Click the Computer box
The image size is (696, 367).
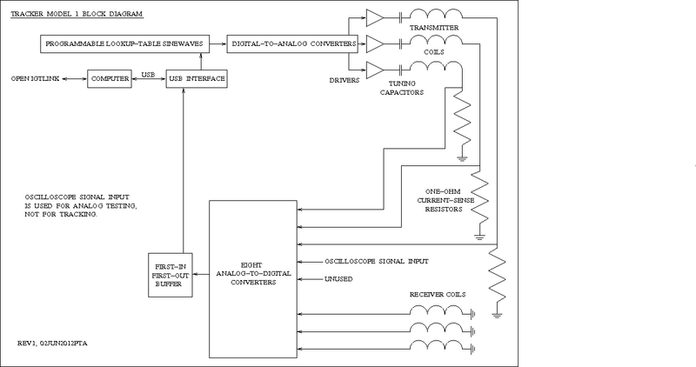tap(109, 79)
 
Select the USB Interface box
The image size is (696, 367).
tap(196, 79)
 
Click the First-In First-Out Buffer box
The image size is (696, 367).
tap(170, 275)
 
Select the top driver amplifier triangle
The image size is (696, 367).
tap(374, 17)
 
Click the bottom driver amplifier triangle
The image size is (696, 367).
tap(374, 70)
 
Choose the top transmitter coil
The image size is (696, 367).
tap(435, 15)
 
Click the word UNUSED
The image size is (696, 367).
tap(338, 279)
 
